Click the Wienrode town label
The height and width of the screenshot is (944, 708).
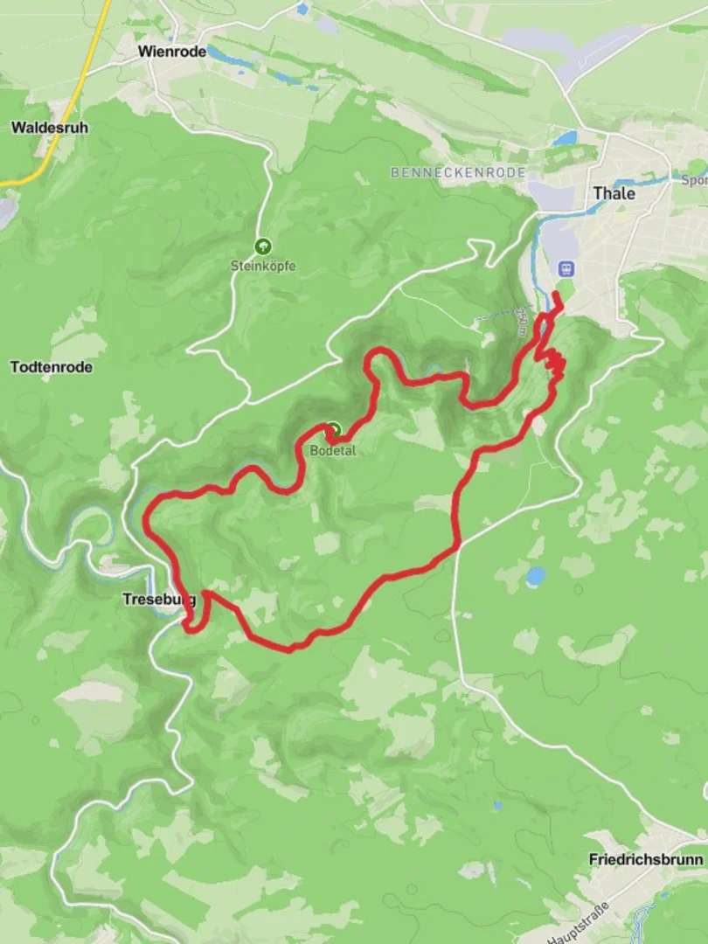[172, 52]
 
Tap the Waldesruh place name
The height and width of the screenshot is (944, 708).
[49, 128]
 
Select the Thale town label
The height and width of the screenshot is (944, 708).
[614, 193]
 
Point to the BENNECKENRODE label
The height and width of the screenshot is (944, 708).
[458, 173]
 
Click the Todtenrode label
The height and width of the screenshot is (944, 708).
[52, 367]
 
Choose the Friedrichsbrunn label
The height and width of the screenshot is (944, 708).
[646, 859]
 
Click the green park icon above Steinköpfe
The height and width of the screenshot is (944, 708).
[262, 247]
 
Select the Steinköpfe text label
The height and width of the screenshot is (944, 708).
[262, 266]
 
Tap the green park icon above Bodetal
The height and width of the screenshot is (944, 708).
[333, 430]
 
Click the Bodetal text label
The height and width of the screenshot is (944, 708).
[332, 451]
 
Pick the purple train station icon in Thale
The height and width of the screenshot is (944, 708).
[566, 268]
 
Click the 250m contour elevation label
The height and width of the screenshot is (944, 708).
[521, 322]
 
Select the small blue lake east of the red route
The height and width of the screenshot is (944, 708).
[535, 576]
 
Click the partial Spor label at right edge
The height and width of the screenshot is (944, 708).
[695, 181]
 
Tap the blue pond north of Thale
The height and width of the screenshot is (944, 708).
[566, 139]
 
